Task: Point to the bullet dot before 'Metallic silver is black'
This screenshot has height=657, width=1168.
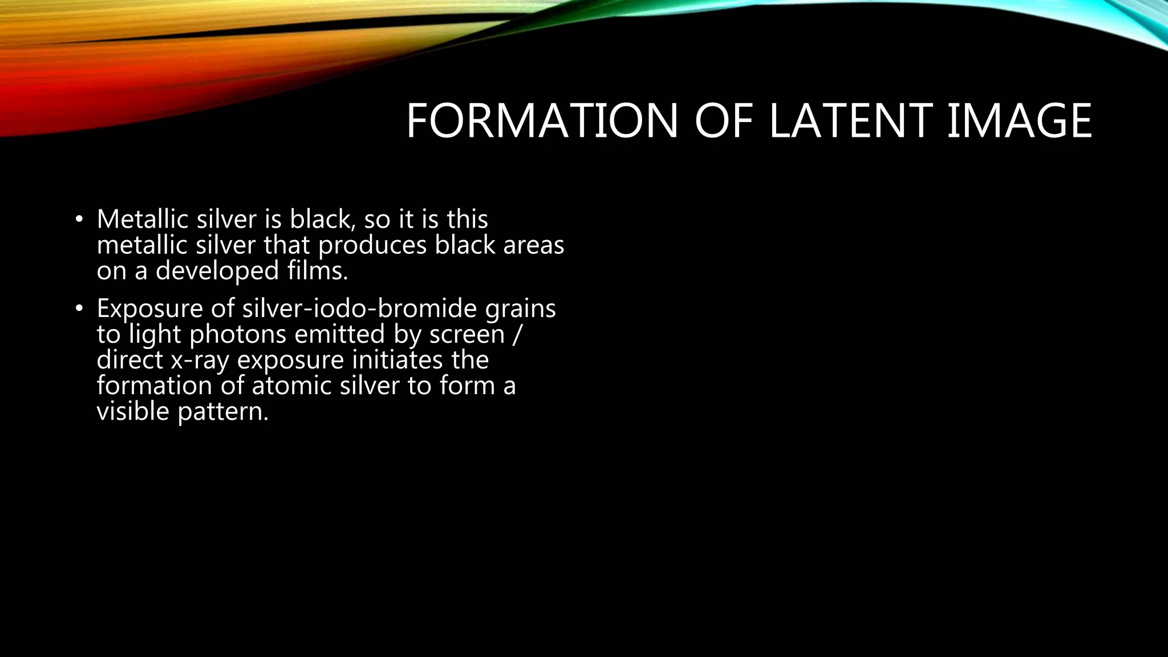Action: pyautogui.click(x=79, y=220)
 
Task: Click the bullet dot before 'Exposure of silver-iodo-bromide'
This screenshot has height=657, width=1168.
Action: pyautogui.click(x=79, y=309)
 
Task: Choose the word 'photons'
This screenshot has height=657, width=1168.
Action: pyautogui.click(x=238, y=334)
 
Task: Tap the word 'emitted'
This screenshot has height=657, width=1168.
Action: pyautogui.click(x=339, y=334)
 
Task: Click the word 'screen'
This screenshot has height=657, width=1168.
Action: pyautogui.click(x=467, y=334)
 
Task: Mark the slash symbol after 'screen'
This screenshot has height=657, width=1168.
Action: pyautogui.click(x=516, y=334)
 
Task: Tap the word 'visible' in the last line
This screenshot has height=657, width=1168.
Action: pyautogui.click(x=133, y=411)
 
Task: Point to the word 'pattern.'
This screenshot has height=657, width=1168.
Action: pyautogui.click(x=223, y=411)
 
